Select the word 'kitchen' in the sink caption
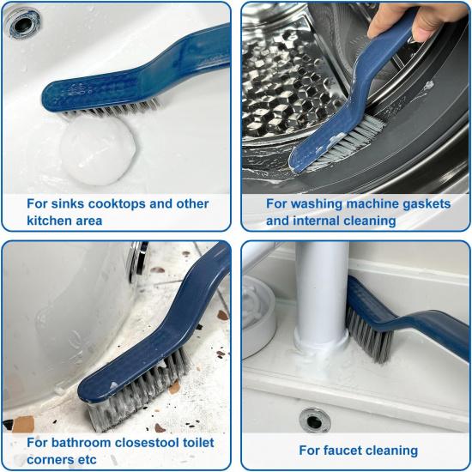tap(51, 221)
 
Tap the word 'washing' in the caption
tap(314, 204)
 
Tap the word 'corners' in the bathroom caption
tap(51, 459)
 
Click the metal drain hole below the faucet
tap(315, 421)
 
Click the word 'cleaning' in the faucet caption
tap(391, 450)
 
